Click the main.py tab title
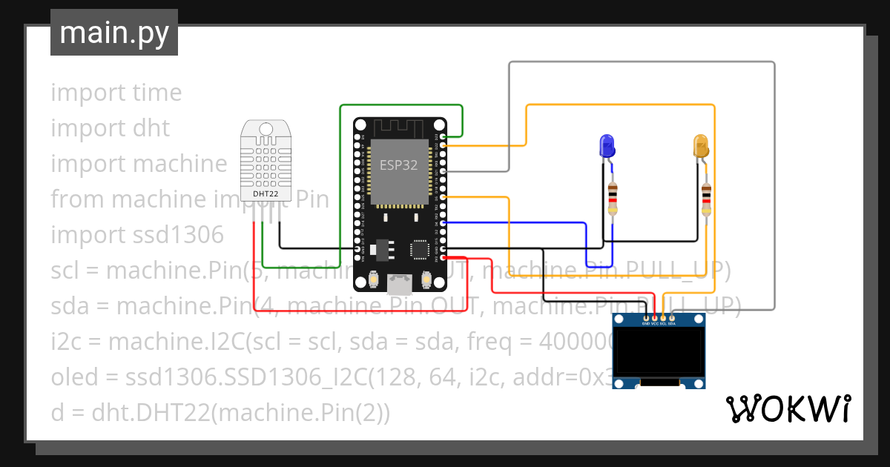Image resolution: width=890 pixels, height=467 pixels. coord(113,33)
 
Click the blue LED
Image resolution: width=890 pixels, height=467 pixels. coord(607,145)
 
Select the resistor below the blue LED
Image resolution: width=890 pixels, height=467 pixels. coord(612,197)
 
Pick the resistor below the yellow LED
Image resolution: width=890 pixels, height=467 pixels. coord(707,199)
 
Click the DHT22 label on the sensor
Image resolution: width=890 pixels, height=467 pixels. coord(266,194)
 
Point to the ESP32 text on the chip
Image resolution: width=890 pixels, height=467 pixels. coord(398,165)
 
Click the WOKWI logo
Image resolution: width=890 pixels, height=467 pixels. coord(788,409)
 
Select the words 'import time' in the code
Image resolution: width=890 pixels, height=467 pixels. coord(116,93)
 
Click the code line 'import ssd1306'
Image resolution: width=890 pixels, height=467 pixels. coord(136,235)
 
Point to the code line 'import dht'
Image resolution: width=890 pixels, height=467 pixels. coord(110,128)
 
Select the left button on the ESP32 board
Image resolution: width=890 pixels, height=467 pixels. coord(373,279)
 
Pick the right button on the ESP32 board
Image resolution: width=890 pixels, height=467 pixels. coord(427,279)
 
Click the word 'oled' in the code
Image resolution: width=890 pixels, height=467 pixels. coord(73,377)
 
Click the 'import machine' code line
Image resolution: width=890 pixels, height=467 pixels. coord(139,164)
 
